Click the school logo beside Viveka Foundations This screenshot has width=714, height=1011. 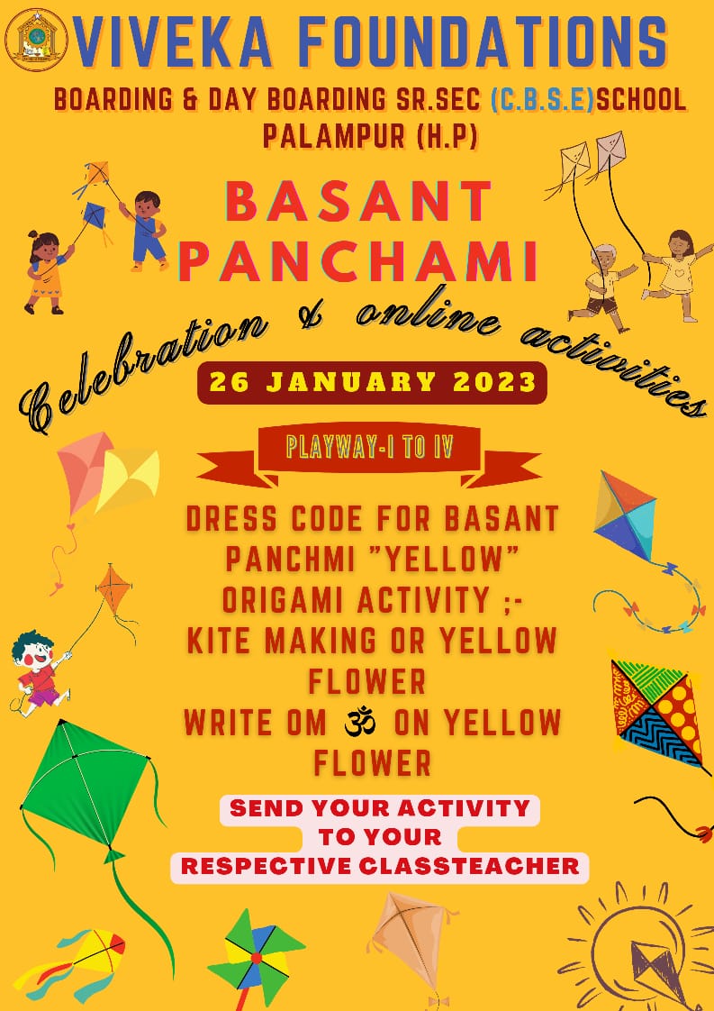pyautogui.click(x=36, y=40)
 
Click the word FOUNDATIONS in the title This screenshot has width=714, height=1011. pyautogui.click(x=482, y=42)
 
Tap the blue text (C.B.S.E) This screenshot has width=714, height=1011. pyautogui.click(x=542, y=101)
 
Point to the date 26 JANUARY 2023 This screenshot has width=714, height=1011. pyautogui.click(x=373, y=382)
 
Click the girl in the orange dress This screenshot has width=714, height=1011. pyautogui.click(x=47, y=271)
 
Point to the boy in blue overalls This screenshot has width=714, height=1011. pyautogui.click(x=145, y=229)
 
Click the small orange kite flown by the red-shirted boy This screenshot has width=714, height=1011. pyautogui.click(x=114, y=588)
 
